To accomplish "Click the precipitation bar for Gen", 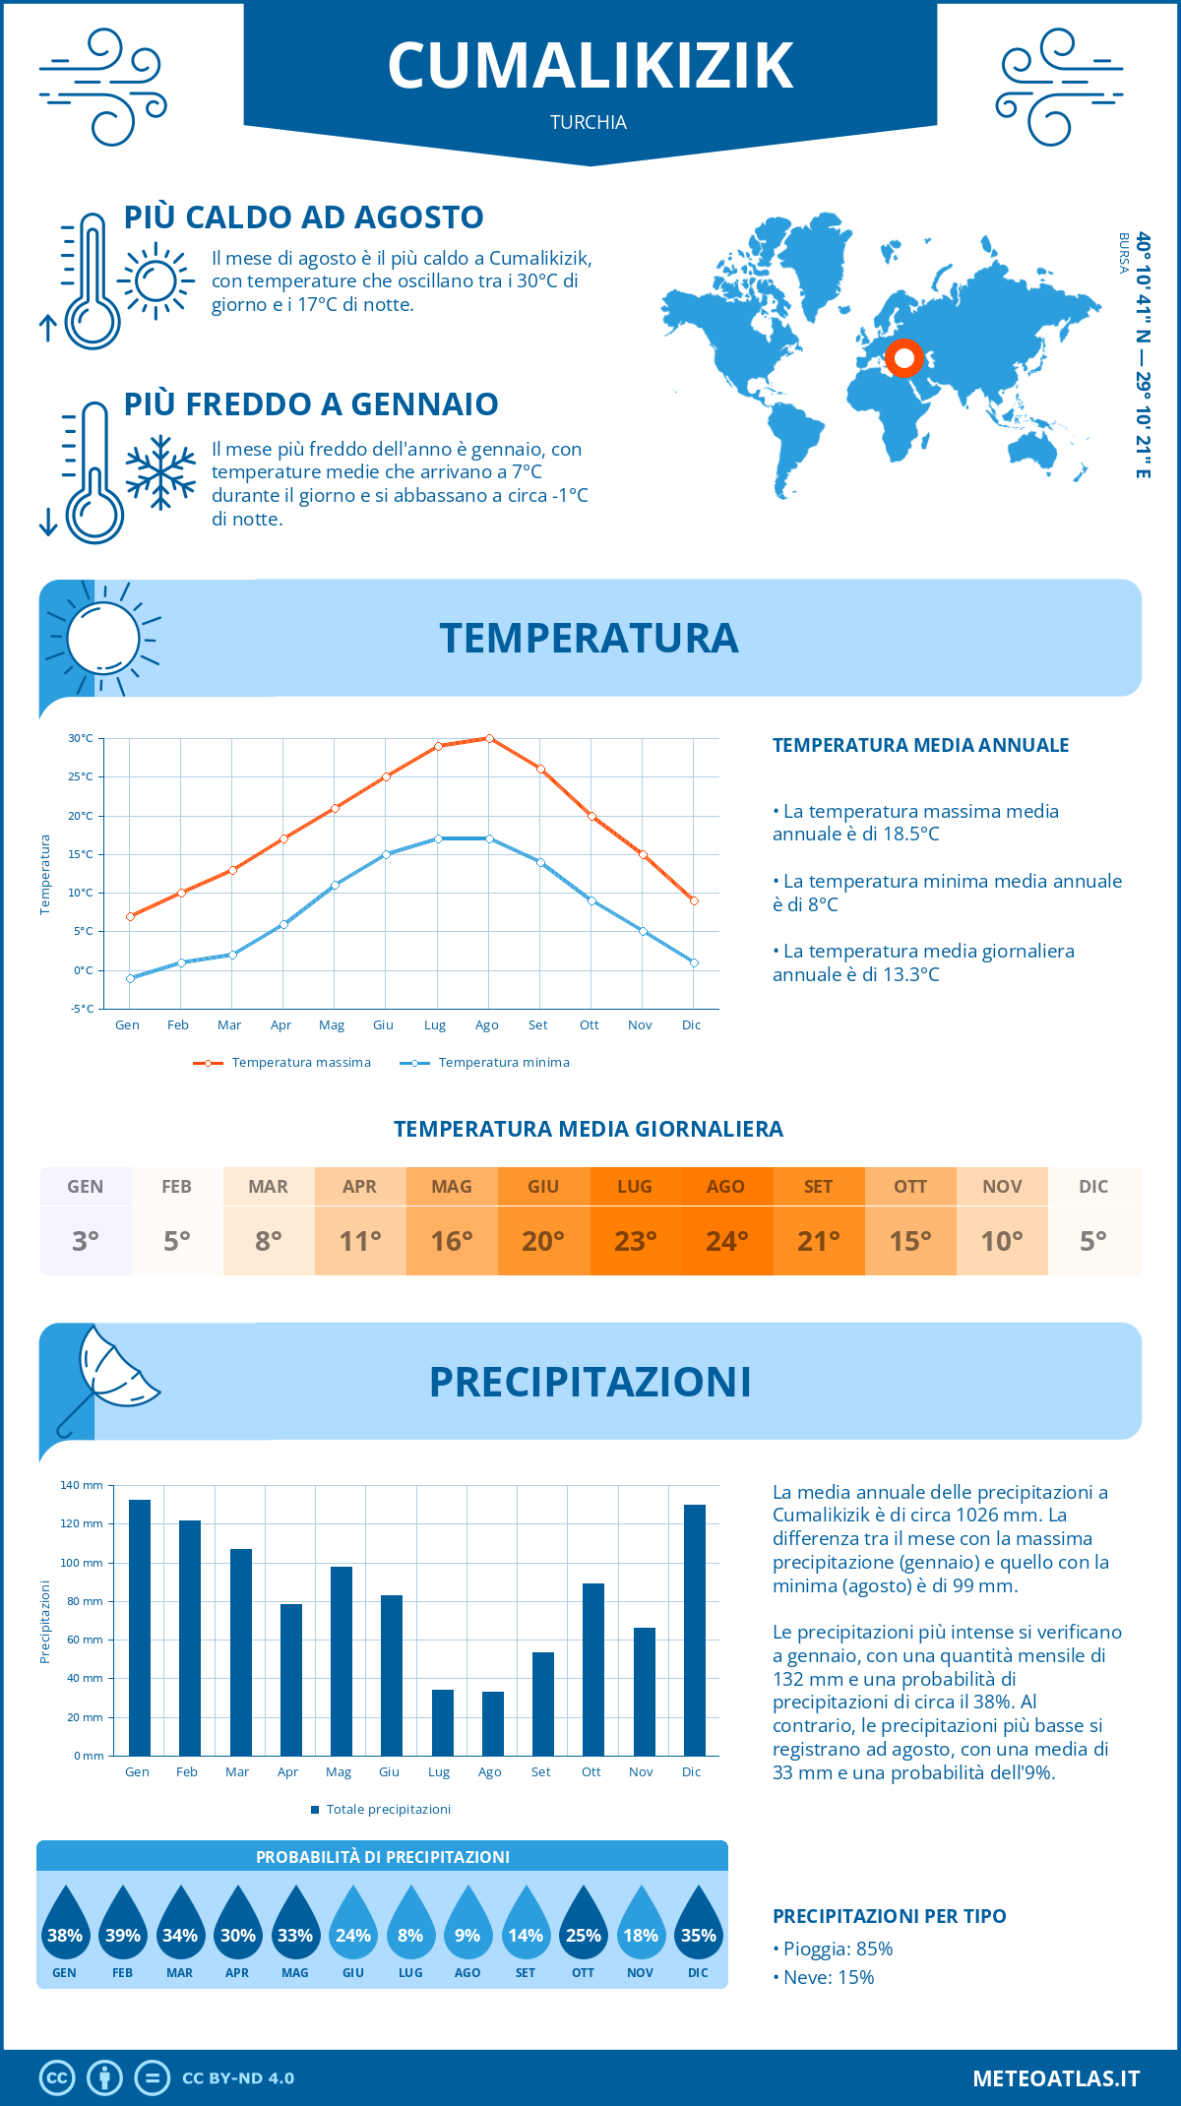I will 140,1628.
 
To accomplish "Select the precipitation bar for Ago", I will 493,1723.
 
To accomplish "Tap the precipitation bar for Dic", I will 695,1630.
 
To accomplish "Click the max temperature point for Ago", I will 489,738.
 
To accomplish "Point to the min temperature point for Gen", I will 130,978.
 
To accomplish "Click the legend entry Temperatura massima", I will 282,1063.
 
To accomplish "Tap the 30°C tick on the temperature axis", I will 81,738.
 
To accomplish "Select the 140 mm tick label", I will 82,1485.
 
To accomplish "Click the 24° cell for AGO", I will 726,1241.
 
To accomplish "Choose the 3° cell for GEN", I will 86,1241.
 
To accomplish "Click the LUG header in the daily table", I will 635,1187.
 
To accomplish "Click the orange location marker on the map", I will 903,358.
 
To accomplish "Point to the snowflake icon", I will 160,472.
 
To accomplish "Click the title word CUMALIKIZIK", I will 590,67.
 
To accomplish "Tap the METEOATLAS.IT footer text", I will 1056,2078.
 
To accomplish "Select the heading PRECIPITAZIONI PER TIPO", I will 889,1916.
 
